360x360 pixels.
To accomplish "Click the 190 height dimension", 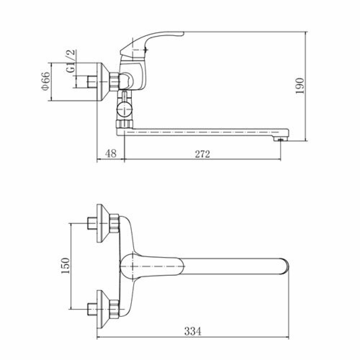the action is tap(300, 86).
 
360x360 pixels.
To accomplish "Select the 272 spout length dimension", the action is tap(202, 154).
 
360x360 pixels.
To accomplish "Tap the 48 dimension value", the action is tap(111, 153).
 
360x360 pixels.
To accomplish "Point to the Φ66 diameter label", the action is tap(46, 81).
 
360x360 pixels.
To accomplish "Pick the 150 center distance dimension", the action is tap(66, 266).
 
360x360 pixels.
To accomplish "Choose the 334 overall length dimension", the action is tap(193, 331).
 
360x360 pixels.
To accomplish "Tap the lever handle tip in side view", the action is tap(180, 34).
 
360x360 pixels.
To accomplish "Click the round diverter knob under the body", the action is tap(124, 109).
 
